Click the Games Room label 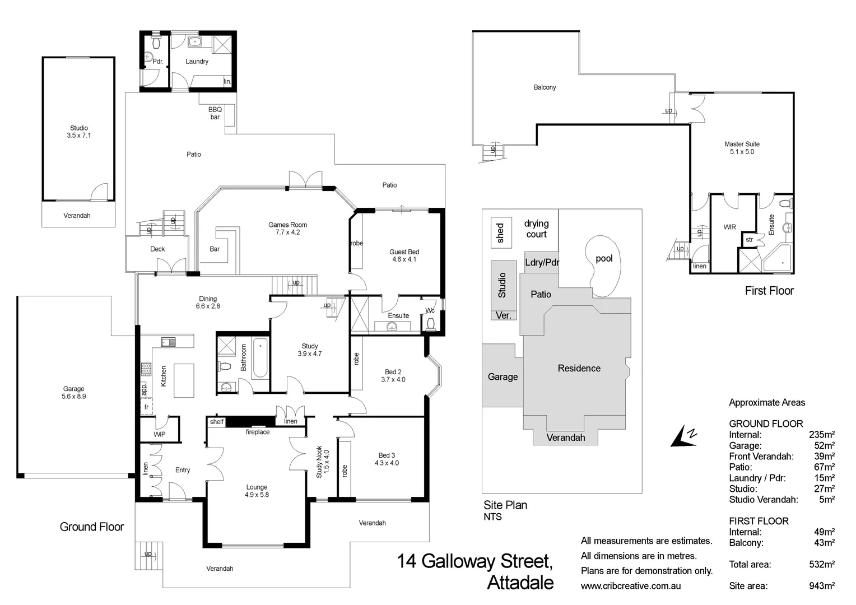point(287,228)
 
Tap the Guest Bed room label point(404,255)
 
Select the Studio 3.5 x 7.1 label point(78,132)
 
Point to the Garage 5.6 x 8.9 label point(73,392)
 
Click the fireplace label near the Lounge point(257,432)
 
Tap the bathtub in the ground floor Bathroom point(260,357)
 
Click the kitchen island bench point(184,380)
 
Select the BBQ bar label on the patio point(215,113)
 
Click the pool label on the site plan point(604,258)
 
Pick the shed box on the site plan point(501,232)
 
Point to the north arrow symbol point(685,436)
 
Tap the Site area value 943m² point(821,585)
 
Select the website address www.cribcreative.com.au point(631,585)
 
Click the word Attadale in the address point(520,583)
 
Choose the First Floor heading point(769,290)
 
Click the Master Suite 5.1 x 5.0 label point(742,148)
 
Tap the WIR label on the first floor point(729,227)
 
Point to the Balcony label point(545,87)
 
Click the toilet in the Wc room point(431,324)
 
